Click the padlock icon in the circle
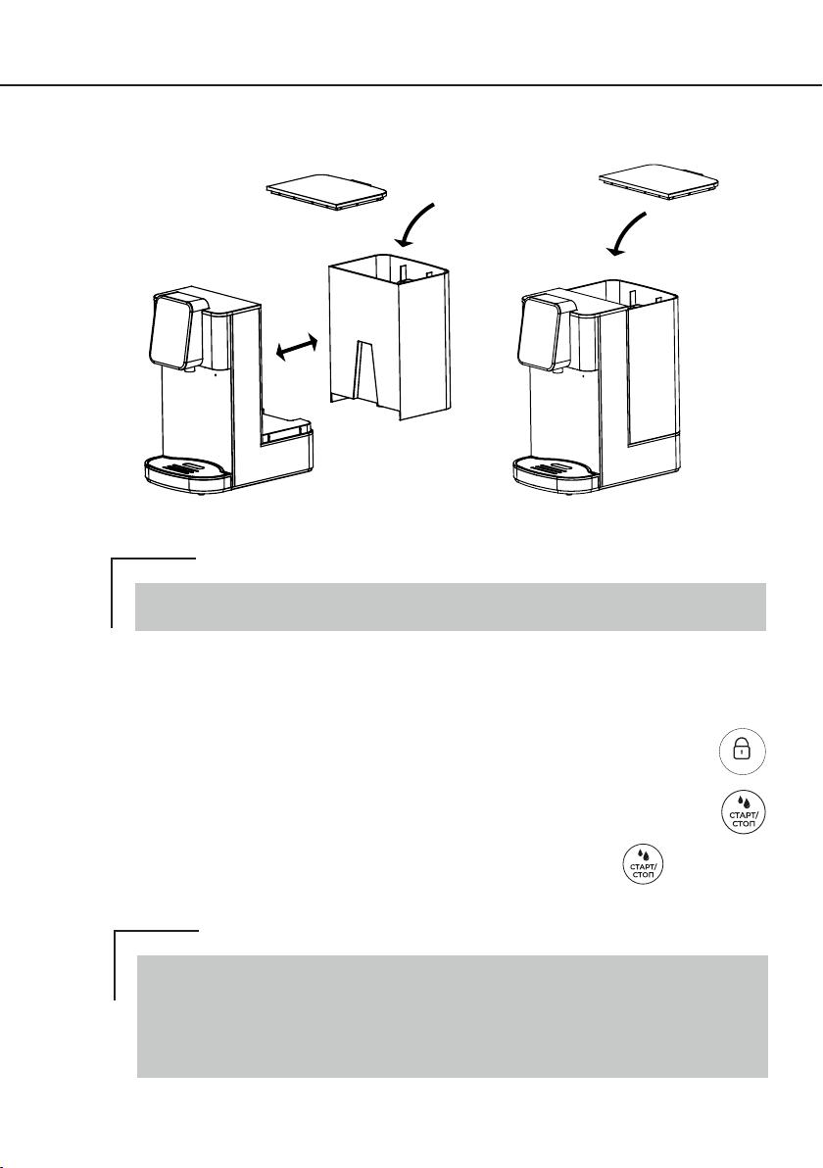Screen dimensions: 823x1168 [742, 751]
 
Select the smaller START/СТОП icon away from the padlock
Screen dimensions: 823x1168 [642, 865]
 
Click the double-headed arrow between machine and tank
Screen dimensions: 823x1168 [297, 348]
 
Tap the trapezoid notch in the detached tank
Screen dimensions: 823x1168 [364, 368]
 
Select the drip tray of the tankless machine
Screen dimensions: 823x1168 [187, 474]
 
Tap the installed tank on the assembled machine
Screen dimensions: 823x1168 [647, 362]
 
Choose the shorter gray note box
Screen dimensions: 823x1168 [451, 607]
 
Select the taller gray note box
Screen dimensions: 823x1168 [452, 1016]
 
